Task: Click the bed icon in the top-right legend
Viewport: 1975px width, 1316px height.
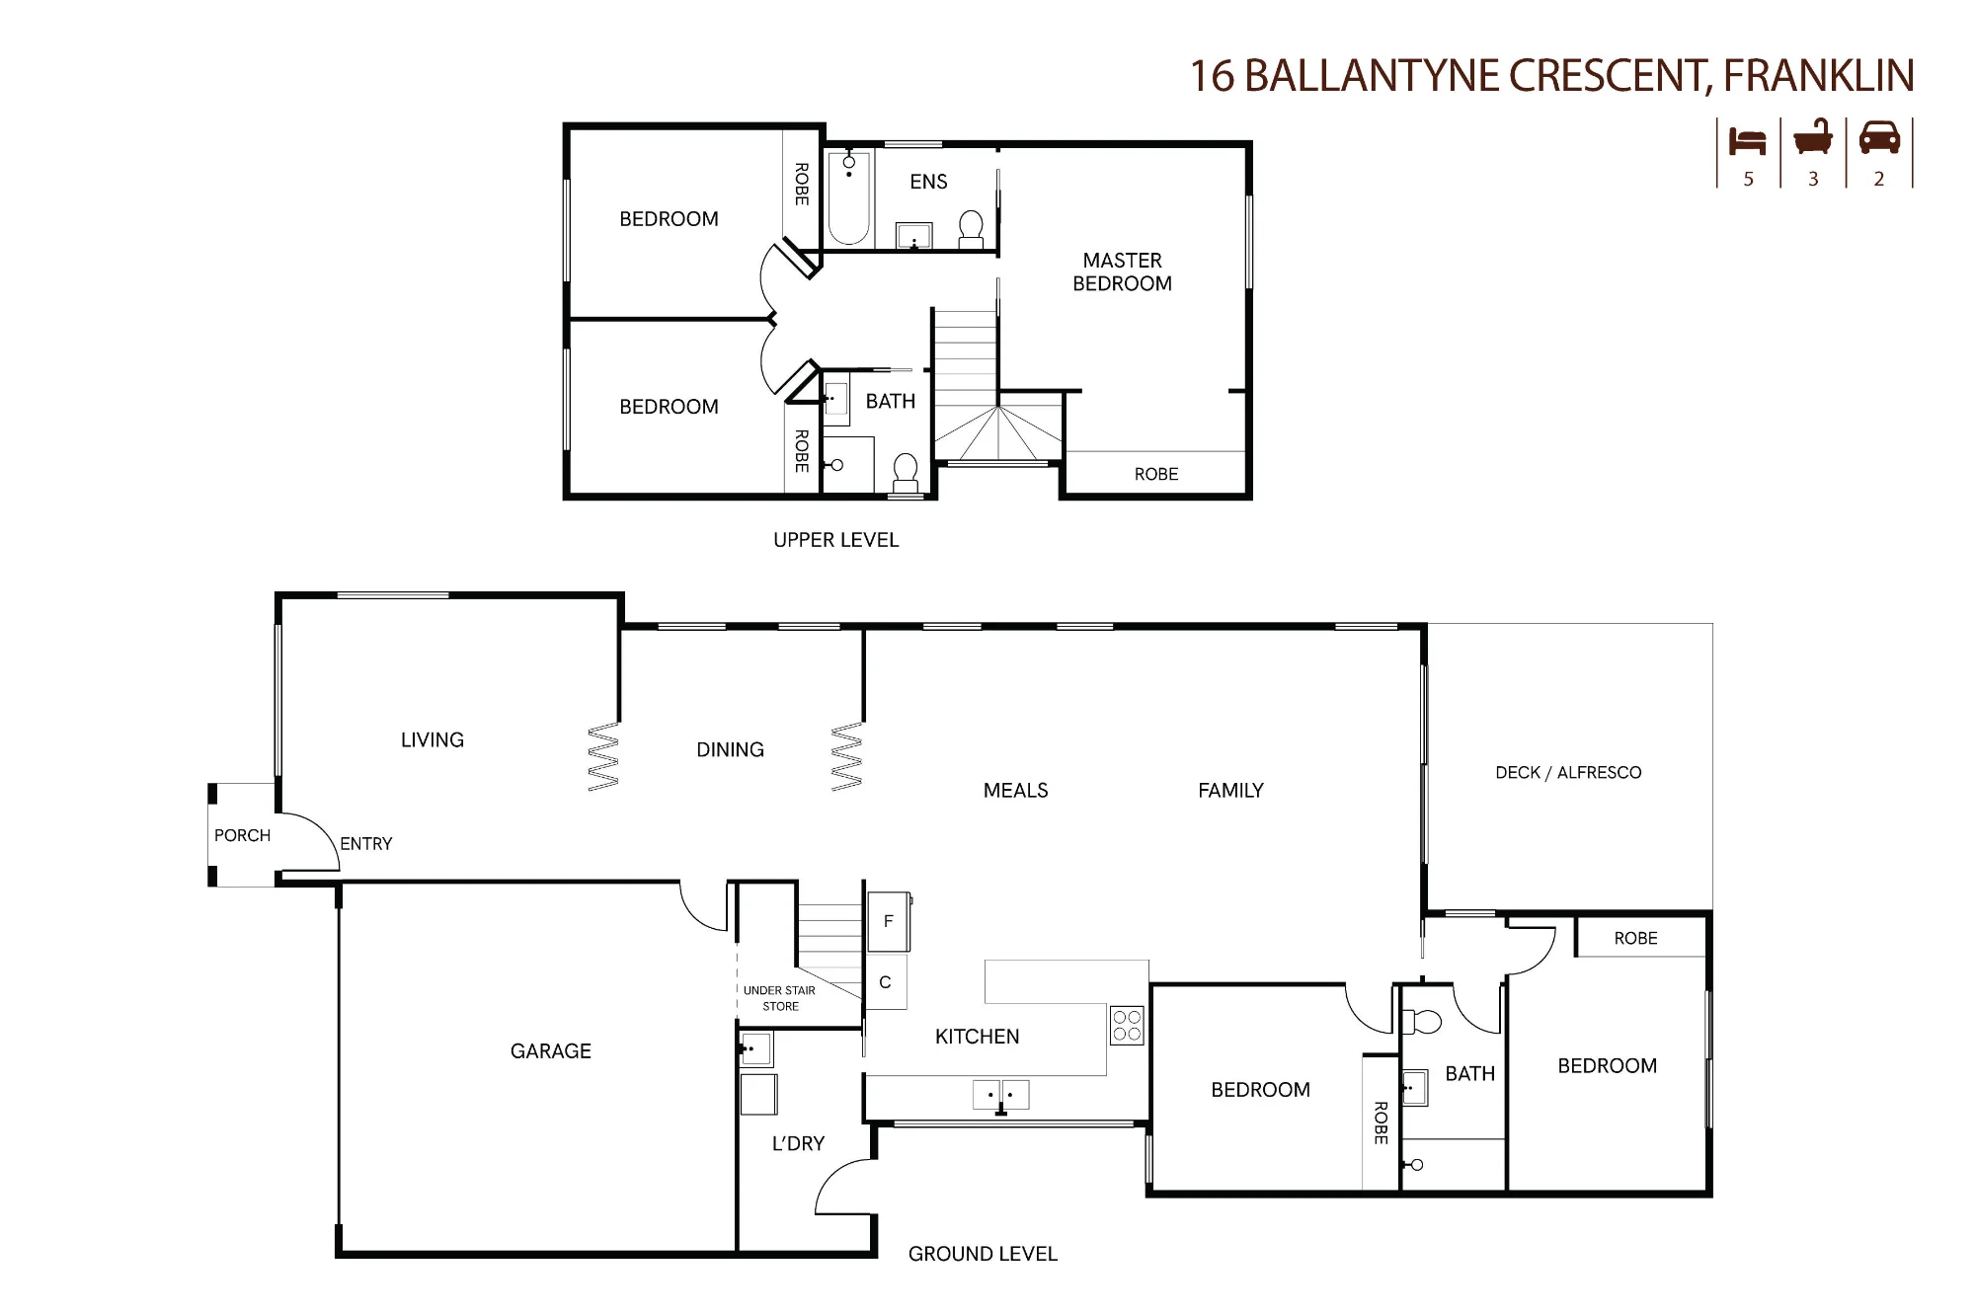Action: point(1747,141)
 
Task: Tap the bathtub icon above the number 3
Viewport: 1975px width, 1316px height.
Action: point(1813,137)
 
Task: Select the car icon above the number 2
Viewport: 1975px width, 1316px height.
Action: point(1879,138)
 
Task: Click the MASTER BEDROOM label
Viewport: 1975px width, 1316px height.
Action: point(1123,271)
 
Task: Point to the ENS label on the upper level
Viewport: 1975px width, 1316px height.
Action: point(928,182)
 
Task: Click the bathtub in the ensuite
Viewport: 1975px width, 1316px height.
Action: point(848,197)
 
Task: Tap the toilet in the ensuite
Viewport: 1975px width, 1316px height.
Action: point(972,228)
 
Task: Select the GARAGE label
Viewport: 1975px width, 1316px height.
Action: point(551,1051)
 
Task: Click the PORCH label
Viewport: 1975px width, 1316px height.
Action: point(242,835)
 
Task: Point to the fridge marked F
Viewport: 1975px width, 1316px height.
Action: point(889,921)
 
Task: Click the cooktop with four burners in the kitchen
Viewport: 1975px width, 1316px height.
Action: point(1127,1026)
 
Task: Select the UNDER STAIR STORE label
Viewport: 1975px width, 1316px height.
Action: point(780,998)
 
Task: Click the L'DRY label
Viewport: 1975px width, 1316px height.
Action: point(798,1143)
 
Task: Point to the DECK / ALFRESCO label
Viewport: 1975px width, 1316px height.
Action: point(1568,773)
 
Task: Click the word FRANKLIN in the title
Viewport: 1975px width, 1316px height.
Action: point(1819,76)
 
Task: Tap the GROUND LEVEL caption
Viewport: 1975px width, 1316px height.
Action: point(983,1254)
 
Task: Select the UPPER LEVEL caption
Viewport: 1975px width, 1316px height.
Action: point(835,540)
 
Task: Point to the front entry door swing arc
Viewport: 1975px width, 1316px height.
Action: point(323,829)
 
